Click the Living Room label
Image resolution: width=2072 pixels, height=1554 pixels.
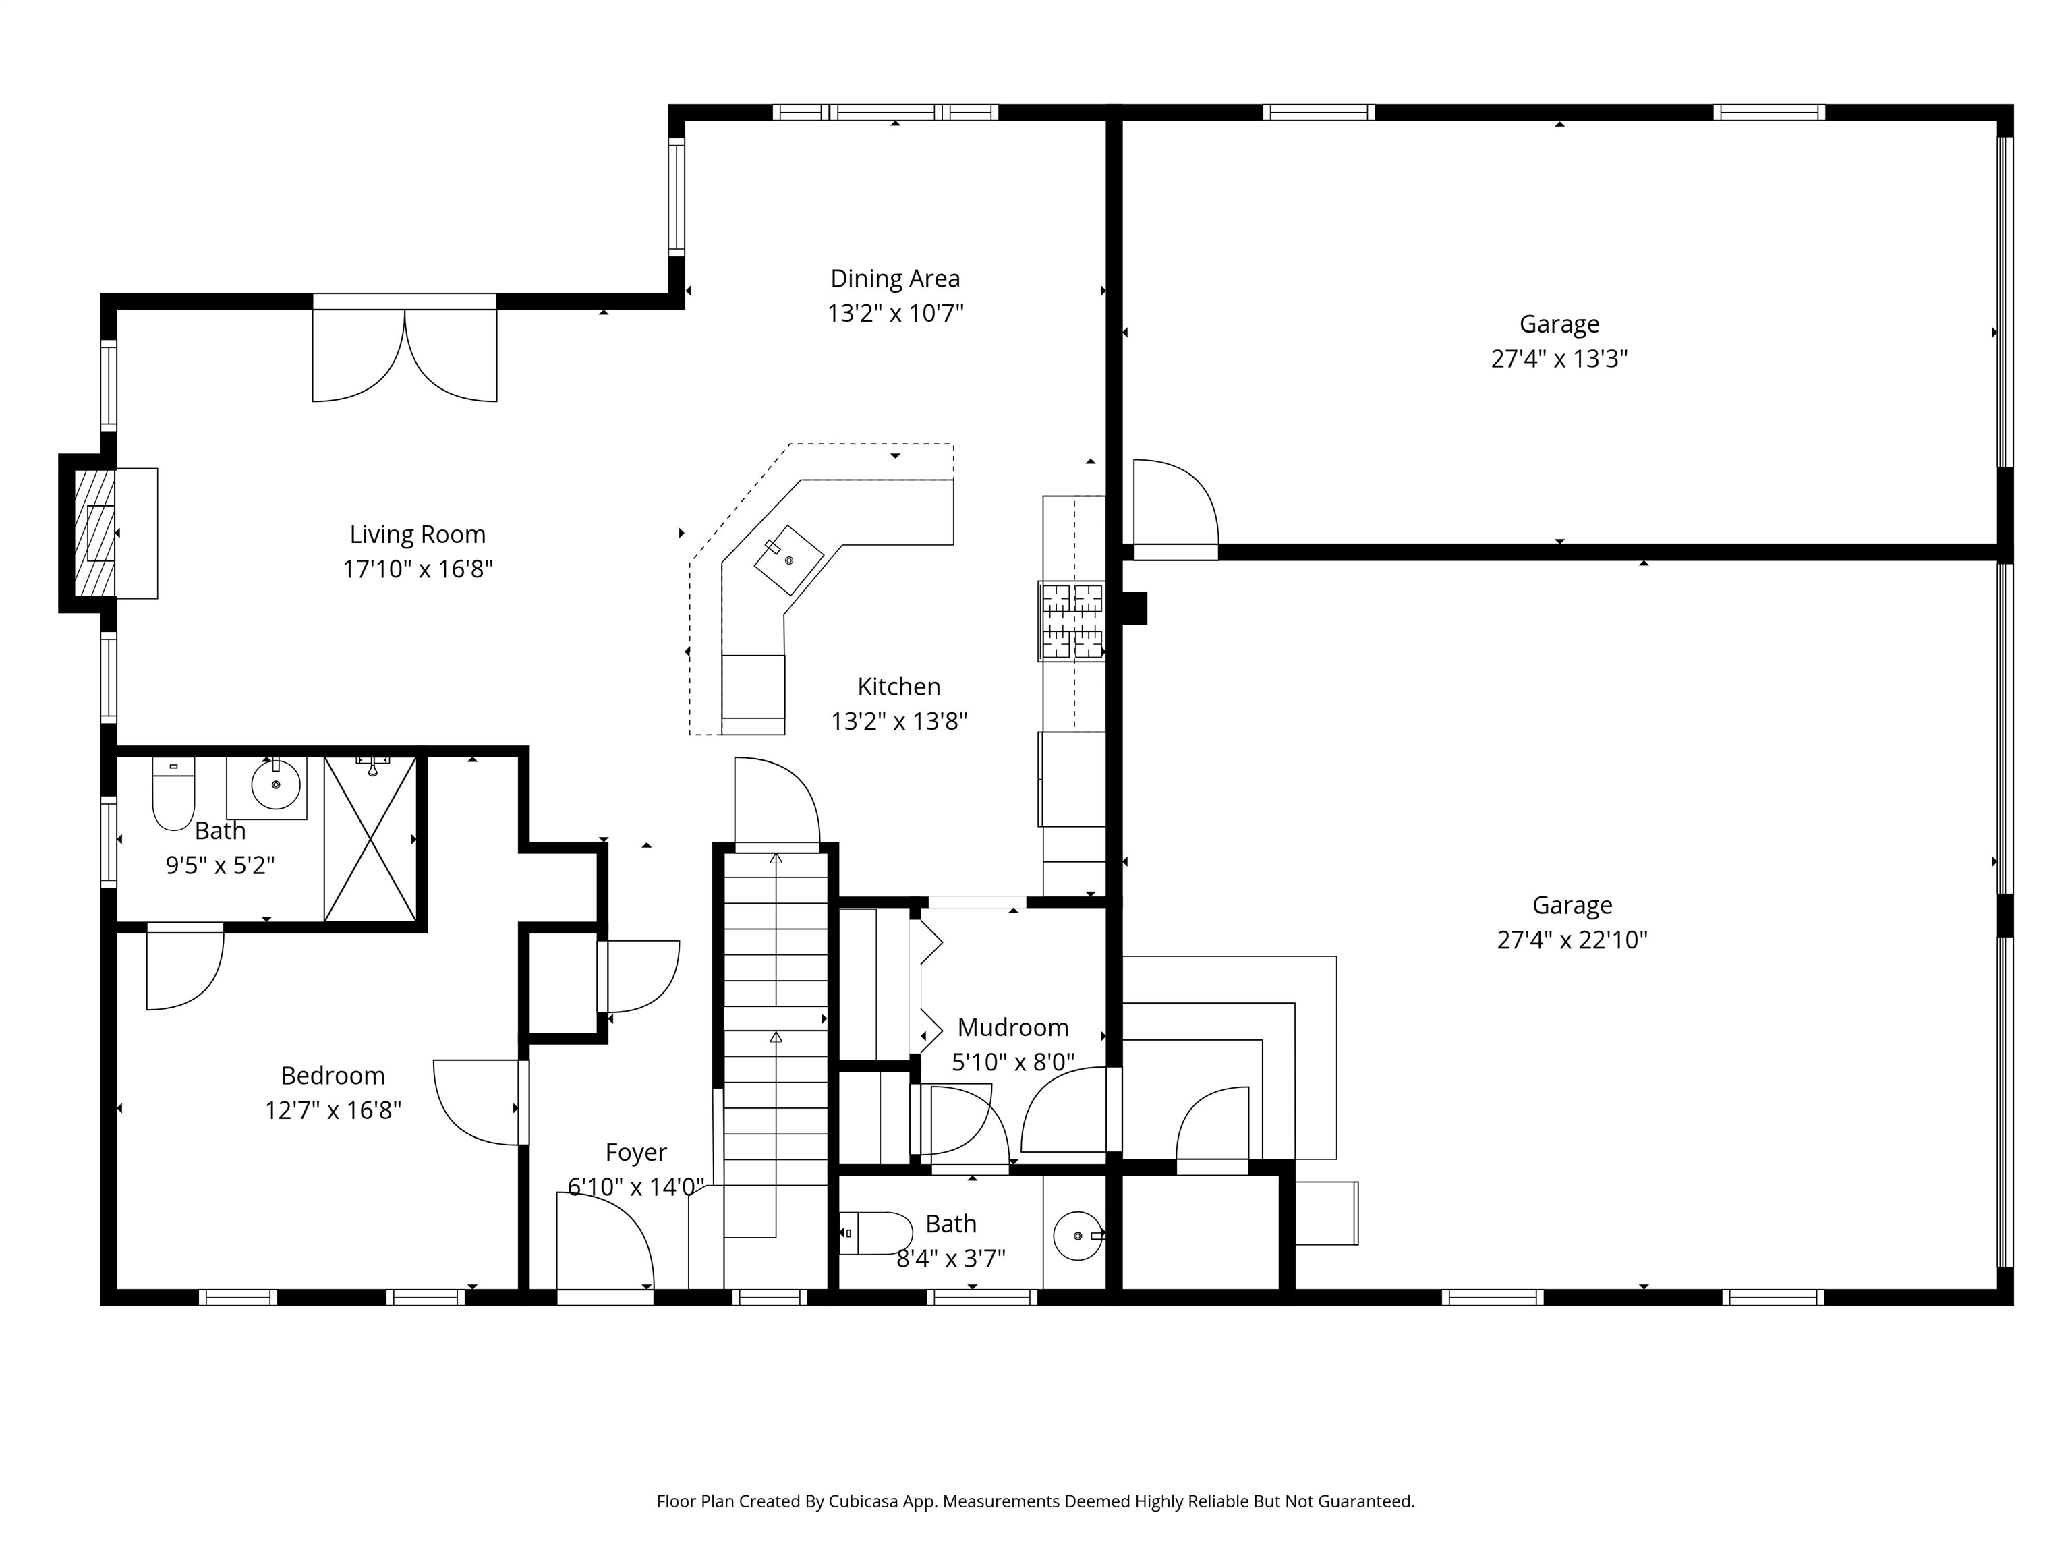tap(418, 535)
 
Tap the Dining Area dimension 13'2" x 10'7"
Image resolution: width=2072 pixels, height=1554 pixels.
tap(896, 313)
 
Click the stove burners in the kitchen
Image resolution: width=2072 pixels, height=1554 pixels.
tap(1072, 621)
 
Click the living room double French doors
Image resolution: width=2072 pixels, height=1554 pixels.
tap(405, 349)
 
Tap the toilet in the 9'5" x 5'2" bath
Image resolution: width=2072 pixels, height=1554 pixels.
tap(173, 795)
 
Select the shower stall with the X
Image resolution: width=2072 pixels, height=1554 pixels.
tap(371, 839)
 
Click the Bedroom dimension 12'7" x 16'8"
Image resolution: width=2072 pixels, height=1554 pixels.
tap(333, 1111)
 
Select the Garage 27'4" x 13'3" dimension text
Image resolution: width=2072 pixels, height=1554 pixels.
tap(1559, 359)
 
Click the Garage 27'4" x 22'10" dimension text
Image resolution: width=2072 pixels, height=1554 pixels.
tap(1573, 940)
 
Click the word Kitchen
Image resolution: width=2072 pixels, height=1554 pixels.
tap(899, 687)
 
